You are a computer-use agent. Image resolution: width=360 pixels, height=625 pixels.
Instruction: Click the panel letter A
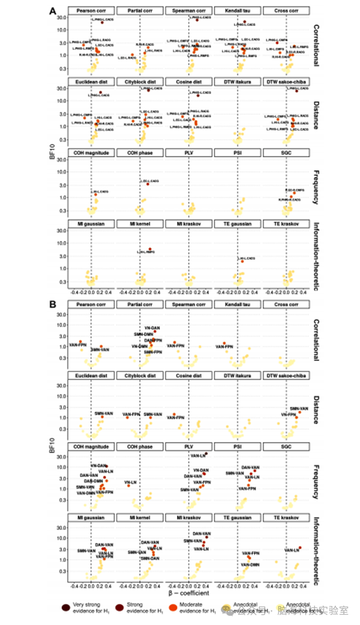[52, 10]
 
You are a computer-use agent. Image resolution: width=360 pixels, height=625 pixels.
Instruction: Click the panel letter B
[52, 304]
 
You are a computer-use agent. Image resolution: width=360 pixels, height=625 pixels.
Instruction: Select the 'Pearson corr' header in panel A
[91, 11]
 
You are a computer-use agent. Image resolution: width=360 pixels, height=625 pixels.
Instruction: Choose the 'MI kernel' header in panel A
[139, 224]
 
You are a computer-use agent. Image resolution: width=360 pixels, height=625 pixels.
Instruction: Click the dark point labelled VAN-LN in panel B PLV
[206, 454]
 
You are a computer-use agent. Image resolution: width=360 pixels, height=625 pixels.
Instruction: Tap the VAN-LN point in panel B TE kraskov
[300, 548]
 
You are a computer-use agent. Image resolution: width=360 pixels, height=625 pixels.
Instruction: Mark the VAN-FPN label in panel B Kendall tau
[224, 347]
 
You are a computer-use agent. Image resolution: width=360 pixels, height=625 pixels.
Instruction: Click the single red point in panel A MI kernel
[150, 249]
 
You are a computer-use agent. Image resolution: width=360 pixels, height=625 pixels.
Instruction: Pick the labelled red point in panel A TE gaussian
[242, 261]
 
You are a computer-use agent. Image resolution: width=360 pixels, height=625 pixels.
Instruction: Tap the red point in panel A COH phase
[148, 184]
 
